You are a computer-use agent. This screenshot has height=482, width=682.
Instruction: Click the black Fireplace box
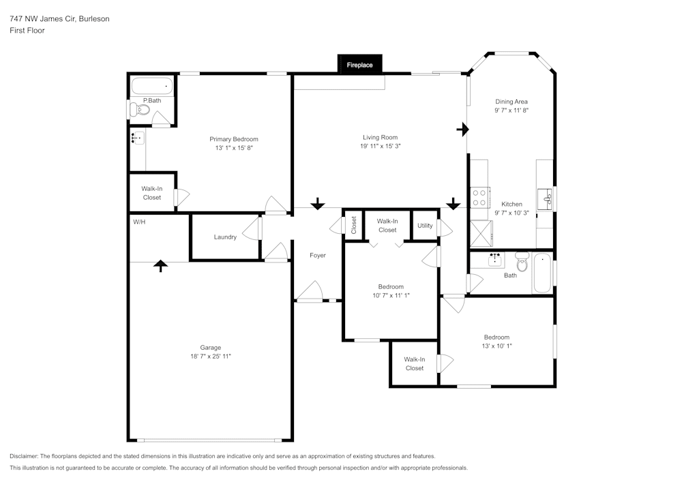(x=360, y=65)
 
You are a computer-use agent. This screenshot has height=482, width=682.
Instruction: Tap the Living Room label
(x=380, y=138)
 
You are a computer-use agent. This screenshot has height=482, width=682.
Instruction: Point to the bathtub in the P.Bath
(x=152, y=87)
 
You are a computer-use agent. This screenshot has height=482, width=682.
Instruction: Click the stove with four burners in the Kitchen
(x=479, y=198)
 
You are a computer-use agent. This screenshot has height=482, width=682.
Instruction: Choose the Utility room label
(x=425, y=226)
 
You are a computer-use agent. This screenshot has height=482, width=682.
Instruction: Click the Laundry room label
(x=225, y=237)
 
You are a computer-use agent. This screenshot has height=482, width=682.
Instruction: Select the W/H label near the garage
(x=139, y=222)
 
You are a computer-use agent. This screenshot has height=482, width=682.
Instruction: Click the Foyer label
(x=318, y=256)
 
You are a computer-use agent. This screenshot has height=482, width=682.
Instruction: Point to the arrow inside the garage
(x=161, y=265)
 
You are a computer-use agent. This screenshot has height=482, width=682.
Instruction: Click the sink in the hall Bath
(x=494, y=260)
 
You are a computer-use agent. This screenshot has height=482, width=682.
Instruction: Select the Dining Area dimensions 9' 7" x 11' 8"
(x=512, y=110)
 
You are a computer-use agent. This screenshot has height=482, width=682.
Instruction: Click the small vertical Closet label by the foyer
(x=353, y=225)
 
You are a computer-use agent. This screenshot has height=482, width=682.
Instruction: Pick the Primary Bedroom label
(x=234, y=139)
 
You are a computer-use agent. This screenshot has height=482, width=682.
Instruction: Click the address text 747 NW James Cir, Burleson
(x=59, y=19)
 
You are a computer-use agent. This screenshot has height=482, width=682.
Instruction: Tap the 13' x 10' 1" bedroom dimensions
(x=496, y=346)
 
